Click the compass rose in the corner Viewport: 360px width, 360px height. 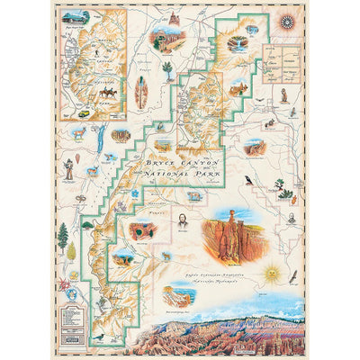tap(286, 22)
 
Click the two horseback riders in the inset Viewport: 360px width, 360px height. tap(106, 91)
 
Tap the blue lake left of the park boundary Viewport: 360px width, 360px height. tap(99, 140)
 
